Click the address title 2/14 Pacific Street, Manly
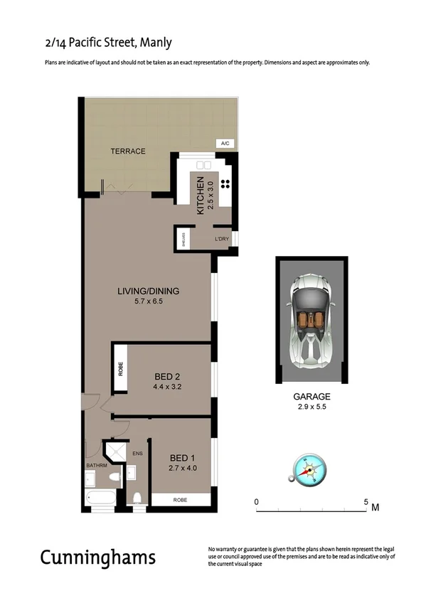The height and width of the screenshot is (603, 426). tap(108, 43)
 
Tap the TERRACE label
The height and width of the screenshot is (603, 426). tap(128, 151)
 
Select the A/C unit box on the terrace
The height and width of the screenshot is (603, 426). tap(225, 144)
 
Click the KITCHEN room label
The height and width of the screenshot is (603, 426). tap(201, 195)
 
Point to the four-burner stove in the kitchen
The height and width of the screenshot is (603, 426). tap(225, 184)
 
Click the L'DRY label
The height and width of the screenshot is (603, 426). tap(222, 239)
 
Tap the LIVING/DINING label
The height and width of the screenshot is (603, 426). tap(148, 291)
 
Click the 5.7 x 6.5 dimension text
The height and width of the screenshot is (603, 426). tap(148, 301)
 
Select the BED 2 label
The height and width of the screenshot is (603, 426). tap(169, 377)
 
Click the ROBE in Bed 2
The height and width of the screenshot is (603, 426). tap(120, 368)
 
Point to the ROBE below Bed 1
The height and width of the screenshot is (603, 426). tap(181, 500)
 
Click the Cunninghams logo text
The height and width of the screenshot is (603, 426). tap(97, 556)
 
